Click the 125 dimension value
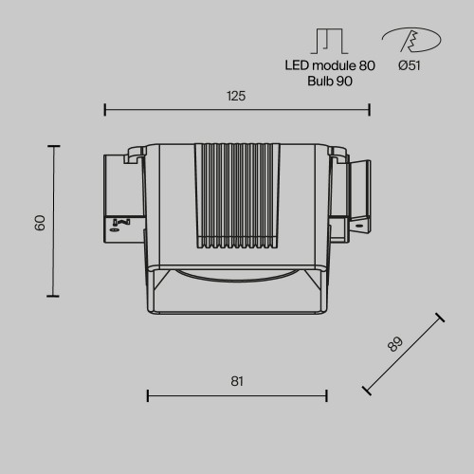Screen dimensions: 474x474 point(236,96)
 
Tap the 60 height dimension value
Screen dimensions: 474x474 point(40,223)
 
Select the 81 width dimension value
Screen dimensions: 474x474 point(237,381)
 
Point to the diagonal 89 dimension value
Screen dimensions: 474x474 point(395,344)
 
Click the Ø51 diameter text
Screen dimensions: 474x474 point(410,65)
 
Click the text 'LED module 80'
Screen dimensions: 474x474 point(330,65)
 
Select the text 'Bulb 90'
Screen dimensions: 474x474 point(330,82)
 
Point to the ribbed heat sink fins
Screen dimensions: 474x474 point(237,195)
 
